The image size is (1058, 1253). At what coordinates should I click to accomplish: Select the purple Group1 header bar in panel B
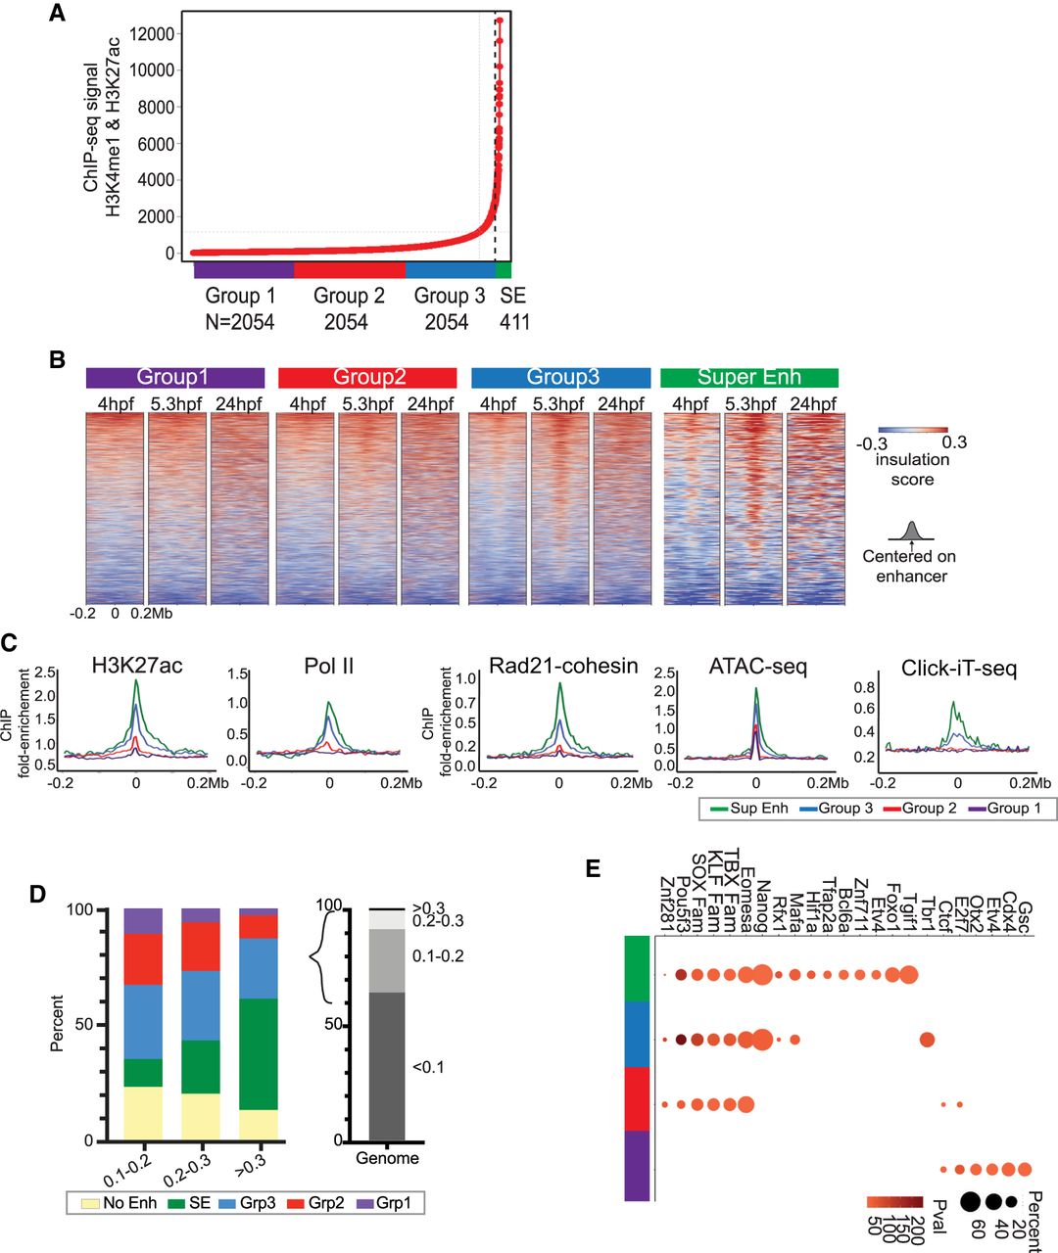tap(175, 378)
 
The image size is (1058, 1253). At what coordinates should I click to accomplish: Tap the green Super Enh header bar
tap(749, 378)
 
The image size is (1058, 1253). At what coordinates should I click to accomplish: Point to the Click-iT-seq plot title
tap(959, 669)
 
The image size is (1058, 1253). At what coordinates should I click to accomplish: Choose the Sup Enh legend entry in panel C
tap(747, 809)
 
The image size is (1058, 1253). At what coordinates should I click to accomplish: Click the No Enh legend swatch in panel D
tap(85, 1203)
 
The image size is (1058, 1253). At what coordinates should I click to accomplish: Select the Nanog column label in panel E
tap(764, 901)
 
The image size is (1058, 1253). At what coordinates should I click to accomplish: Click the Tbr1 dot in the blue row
tap(927, 1040)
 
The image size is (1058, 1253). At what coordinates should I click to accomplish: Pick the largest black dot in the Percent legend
tap(972, 1201)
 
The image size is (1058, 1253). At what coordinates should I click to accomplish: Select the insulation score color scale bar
tap(913, 430)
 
